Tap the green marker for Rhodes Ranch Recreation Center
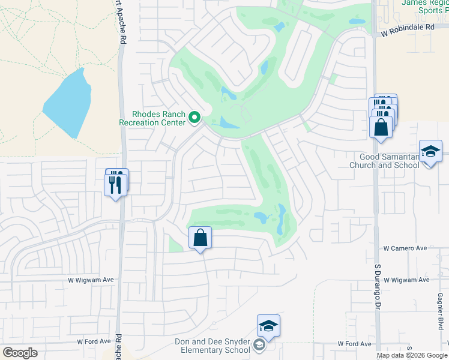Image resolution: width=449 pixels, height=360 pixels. click(194, 118)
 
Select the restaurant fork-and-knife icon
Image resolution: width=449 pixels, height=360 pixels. click(116, 184)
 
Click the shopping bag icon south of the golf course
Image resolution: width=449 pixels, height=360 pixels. click(200, 238)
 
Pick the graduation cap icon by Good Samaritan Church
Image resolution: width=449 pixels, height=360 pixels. click(430, 152)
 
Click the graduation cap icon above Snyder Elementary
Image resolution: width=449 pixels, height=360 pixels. click(268, 326)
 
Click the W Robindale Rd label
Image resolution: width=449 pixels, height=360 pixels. click(407, 27)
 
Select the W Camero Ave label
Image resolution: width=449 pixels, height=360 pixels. click(405, 248)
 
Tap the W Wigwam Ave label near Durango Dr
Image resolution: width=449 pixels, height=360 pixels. click(407, 280)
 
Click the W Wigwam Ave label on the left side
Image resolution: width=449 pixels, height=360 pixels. click(91, 280)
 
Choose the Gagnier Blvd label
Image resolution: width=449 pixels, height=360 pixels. click(440, 311)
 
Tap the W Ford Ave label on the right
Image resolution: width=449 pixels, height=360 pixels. click(354, 344)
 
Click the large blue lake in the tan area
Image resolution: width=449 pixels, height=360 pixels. click(68, 103)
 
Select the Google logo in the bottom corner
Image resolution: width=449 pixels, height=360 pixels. click(20, 353)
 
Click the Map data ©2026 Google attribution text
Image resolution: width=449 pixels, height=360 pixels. click(413, 355)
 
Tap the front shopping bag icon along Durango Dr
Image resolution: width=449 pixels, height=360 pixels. click(381, 128)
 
